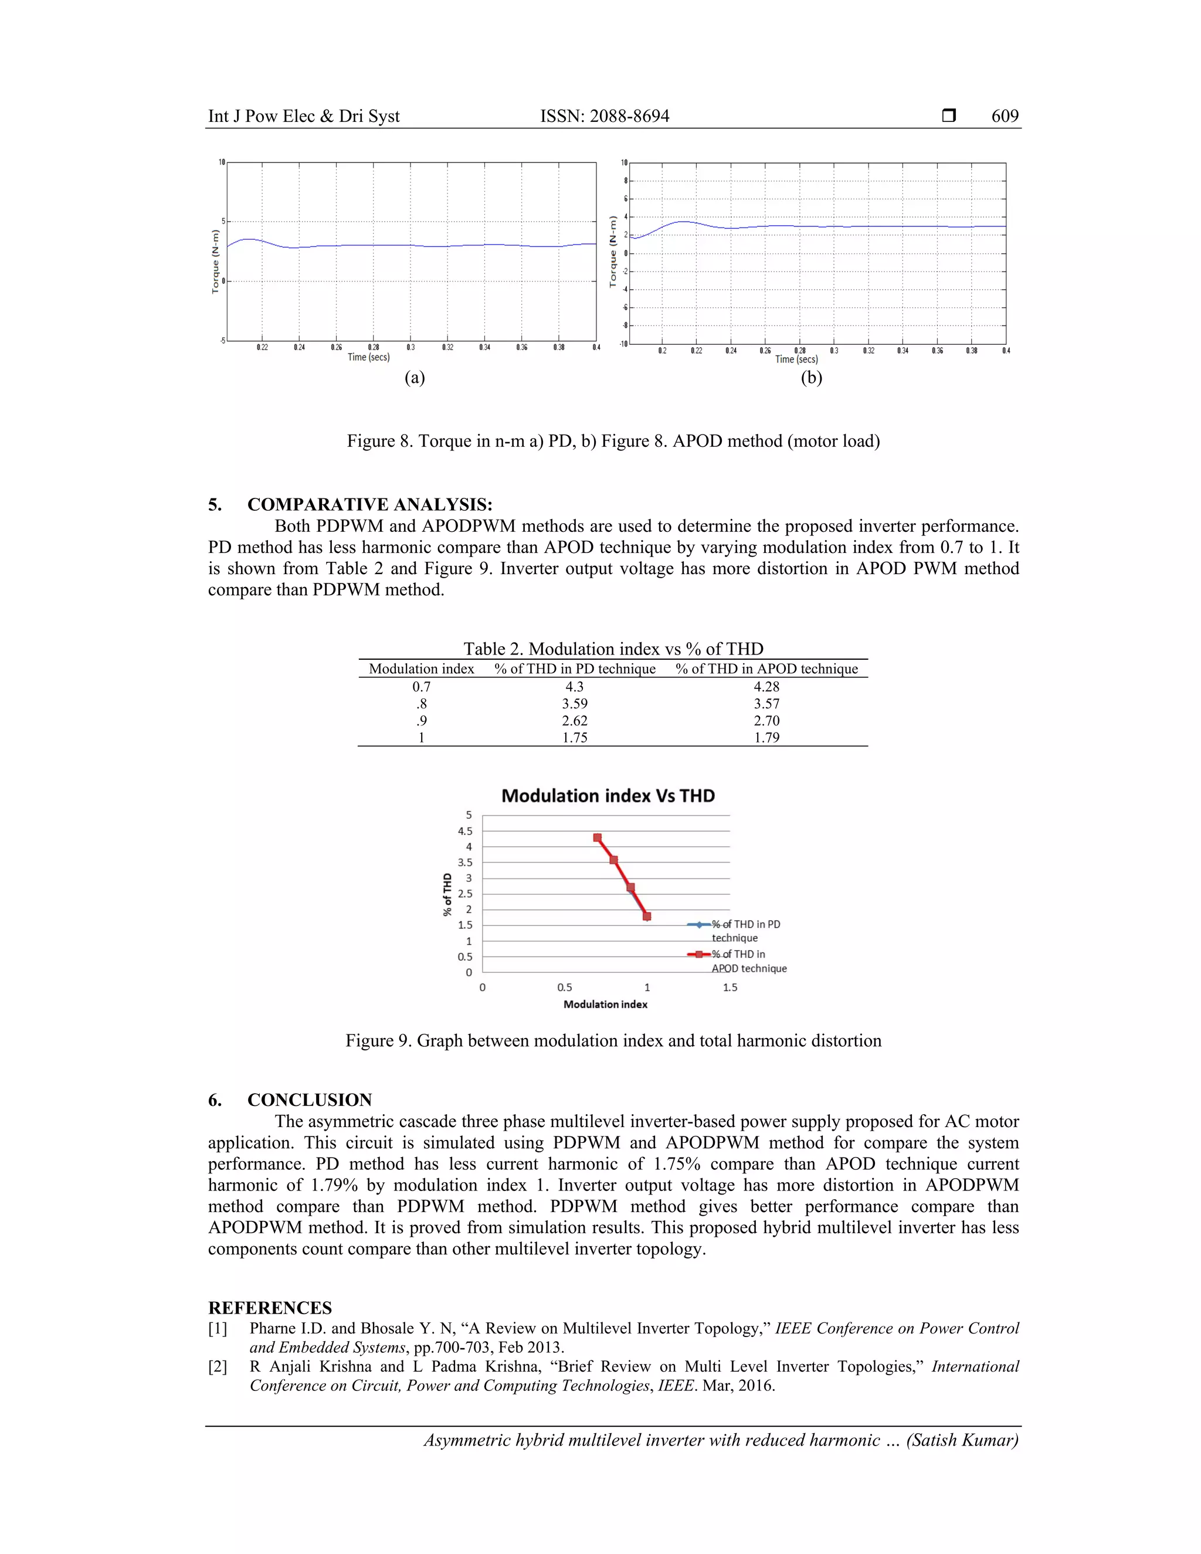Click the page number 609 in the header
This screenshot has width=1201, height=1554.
1004,116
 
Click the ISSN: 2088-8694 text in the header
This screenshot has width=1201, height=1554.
604,116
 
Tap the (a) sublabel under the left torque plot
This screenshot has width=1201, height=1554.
414,377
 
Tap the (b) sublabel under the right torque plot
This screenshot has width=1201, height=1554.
811,377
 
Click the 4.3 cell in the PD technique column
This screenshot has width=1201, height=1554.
574,687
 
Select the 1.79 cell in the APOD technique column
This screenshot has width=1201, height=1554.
766,737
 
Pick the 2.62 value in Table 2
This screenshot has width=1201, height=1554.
574,721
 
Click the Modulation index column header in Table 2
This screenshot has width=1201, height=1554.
421,669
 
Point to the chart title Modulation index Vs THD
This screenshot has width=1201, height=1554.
608,796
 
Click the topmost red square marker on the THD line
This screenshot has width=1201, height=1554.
598,837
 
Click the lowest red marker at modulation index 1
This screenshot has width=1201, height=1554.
647,917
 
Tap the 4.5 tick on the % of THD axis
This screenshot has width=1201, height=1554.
464,831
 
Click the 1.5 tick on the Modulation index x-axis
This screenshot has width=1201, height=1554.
730,988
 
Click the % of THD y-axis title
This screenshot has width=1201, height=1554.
447,894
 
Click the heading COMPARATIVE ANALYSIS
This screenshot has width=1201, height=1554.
369,504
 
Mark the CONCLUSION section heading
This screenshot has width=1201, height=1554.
310,1100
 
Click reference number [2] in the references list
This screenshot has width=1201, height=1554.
218,1367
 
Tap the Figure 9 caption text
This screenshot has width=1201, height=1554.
613,1041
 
